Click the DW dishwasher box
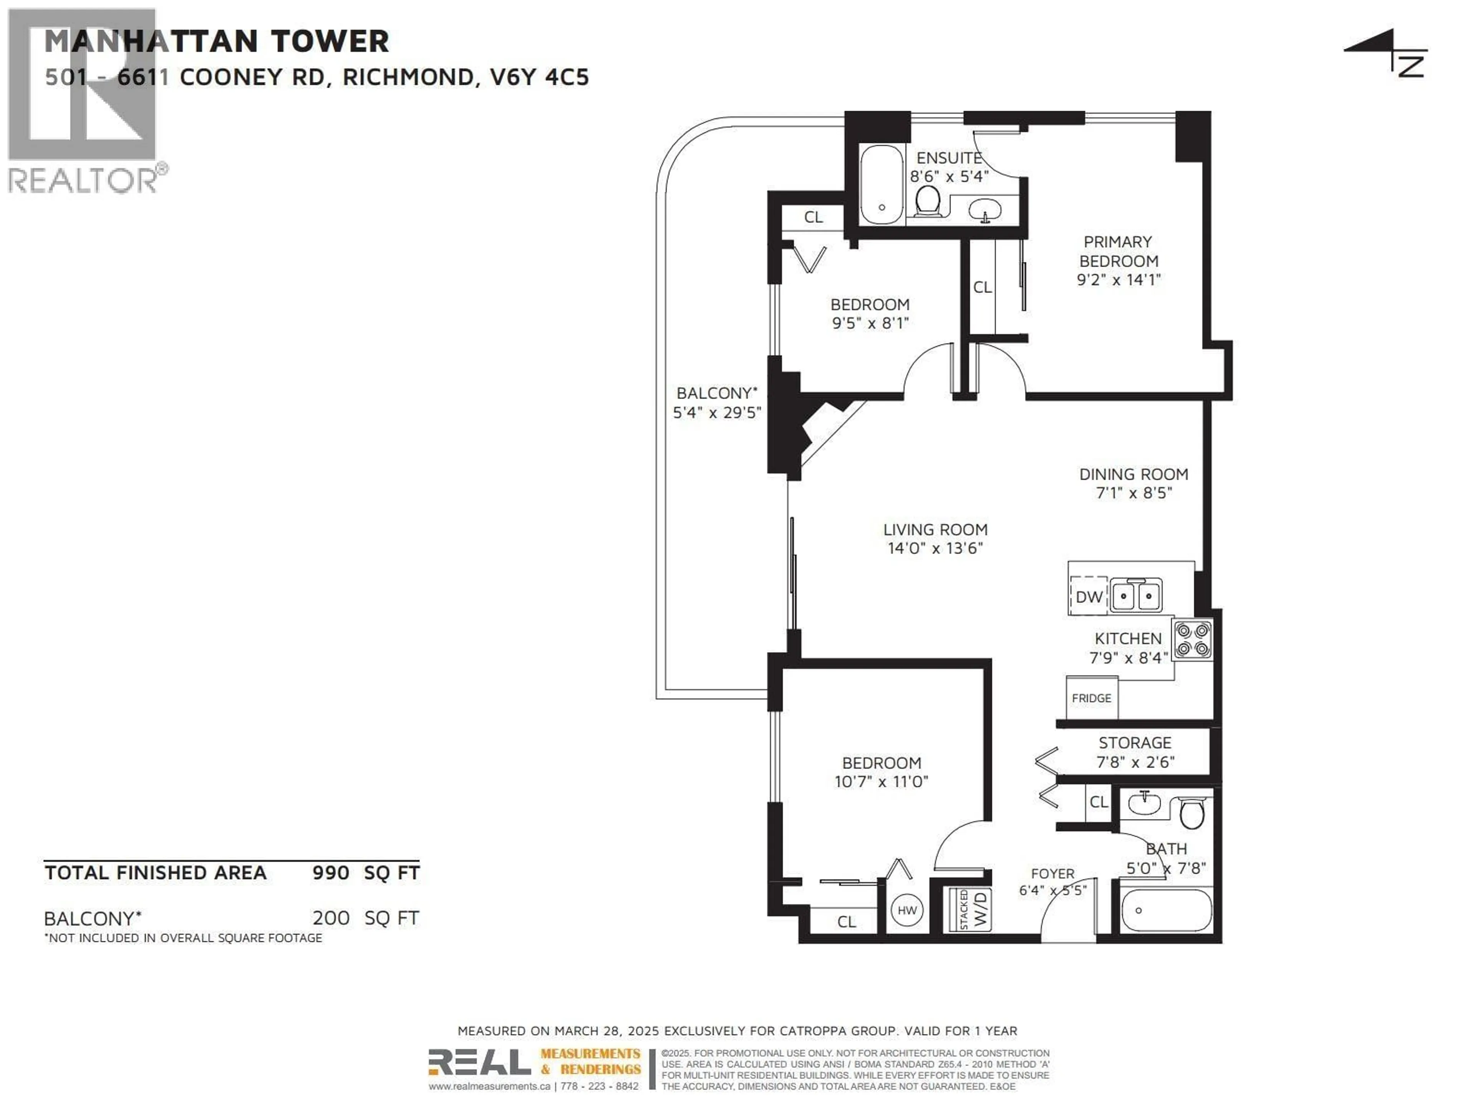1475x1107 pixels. [x=1088, y=596]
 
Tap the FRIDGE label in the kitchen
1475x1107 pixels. [x=1092, y=698]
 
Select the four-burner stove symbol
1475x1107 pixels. [x=1192, y=639]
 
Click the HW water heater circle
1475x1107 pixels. [x=907, y=910]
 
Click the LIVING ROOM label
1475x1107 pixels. [x=935, y=529]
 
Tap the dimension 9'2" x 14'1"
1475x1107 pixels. [x=1118, y=279]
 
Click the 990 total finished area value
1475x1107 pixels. [x=331, y=873]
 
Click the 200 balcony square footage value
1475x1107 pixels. [x=331, y=918]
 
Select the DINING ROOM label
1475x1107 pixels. [x=1134, y=474]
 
